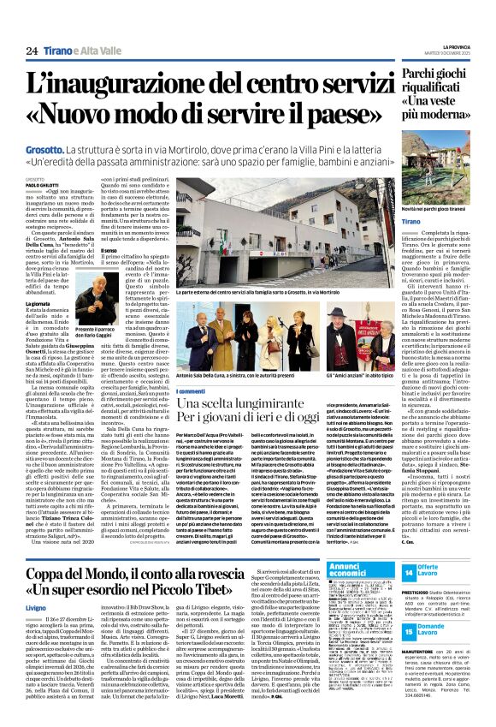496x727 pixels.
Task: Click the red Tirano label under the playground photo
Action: pyautogui.click(x=434, y=220)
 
